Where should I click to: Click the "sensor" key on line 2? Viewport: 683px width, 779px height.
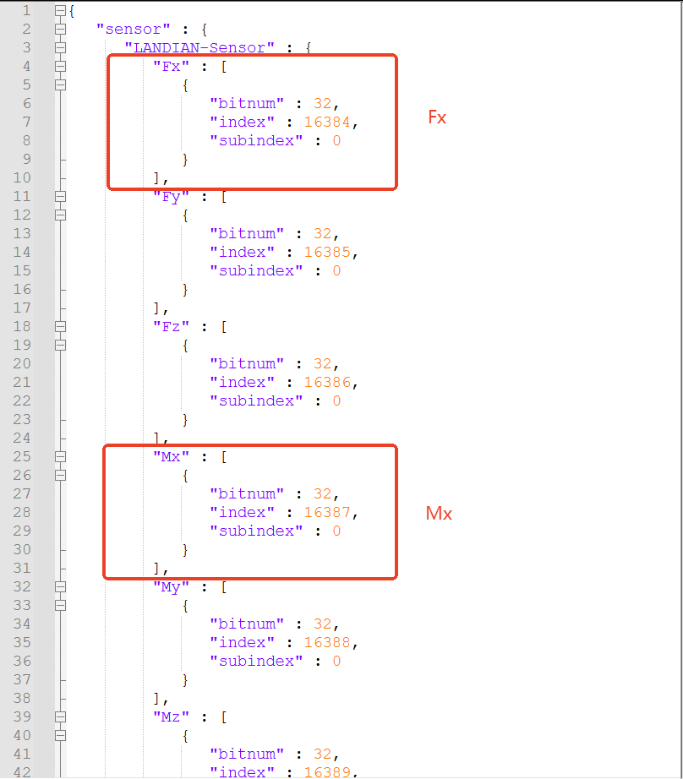pos(128,29)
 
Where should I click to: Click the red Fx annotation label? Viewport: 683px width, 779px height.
pos(436,117)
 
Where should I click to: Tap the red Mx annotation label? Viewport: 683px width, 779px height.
pos(439,513)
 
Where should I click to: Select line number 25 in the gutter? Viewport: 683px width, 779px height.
pos(22,456)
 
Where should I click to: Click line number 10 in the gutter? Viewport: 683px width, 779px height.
pos(22,177)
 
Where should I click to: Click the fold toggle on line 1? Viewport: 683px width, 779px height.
pos(60,11)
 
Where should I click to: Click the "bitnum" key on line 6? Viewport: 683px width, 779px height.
pos(246,103)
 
